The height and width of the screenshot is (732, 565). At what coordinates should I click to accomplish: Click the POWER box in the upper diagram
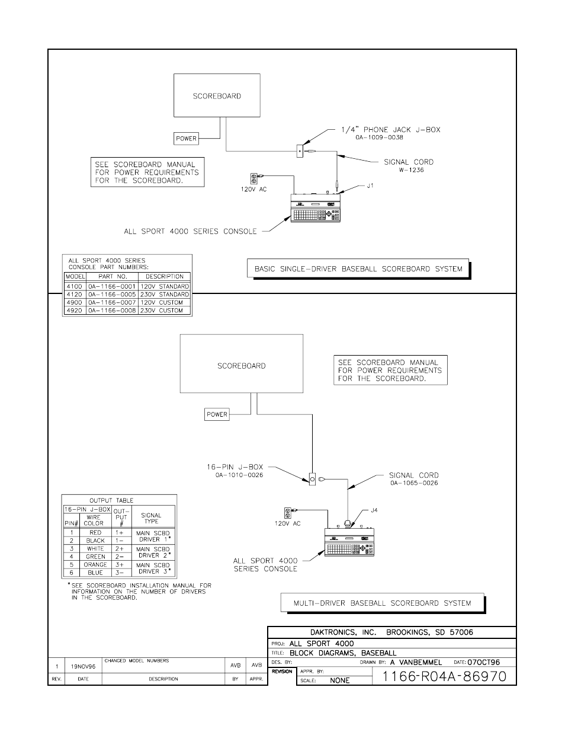pyautogui.click(x=186, y=139)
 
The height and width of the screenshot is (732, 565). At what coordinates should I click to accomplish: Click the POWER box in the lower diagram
pyautogui.click(x=217, y=414)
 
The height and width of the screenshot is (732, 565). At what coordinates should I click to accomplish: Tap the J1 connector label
pyautogui.click(x=370, y=186)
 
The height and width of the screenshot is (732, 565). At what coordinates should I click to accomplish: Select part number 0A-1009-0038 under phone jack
pyautogui.click(x=379, y=138)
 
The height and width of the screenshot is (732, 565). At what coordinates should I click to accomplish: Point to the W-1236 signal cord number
pyautogui.click(x=410, y=170)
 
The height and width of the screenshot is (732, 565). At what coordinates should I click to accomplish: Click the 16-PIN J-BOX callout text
pyautogui.click(x=235, y=467)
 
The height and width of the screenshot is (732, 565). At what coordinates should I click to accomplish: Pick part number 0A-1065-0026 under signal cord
pyautogui.click(x=414, y=482)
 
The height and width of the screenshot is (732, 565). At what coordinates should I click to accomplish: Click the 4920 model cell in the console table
pyautogui.click(x=75, y=311)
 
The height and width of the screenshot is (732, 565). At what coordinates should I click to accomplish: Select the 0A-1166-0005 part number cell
pyautogui.click(x=113, y=295)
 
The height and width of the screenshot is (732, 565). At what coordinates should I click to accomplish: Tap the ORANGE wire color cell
pyautogui.click(x=95, y=565)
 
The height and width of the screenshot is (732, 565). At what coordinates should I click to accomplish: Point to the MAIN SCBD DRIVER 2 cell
pyautogui.click(x=153, y=552)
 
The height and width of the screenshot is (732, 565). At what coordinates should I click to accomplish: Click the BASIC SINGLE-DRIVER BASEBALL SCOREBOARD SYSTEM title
pyautogui.click(x=358, y=268)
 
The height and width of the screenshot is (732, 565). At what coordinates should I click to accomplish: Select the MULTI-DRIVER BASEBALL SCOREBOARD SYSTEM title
pyautogui.click(x=382, y=603)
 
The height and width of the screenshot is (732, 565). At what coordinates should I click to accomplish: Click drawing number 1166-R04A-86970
pyautogui.click(x=444, y=676)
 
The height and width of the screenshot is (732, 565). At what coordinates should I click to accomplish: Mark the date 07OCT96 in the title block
pyautogui.click(x=484, y=662)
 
